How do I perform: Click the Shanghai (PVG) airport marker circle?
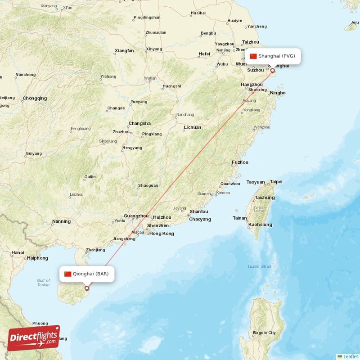click(x=272, y=71)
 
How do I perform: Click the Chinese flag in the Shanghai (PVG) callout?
click(x=253, y=56)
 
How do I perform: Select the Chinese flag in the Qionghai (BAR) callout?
click(x=67, y=274)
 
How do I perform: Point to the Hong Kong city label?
click(x=162, y=234)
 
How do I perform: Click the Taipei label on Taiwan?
click(x=276, y=182)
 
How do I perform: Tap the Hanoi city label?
click(x=18, y=252)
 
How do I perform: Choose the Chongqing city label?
click(x=35, y=98)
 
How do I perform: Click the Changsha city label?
click(x=139, y=123)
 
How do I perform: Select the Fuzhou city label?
click(x=240, y=162)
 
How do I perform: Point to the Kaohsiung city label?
click(x=260, y=224)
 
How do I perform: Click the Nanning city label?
click(x=61, y=221)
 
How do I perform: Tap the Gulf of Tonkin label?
click(x=43, y=283)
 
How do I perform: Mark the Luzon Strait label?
click(x=259, y=266)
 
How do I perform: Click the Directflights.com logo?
click(x=34, y=338)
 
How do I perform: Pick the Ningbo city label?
click(x=277, y=93)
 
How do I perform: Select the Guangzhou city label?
click(x=135, y=216)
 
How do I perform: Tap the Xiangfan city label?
click(x=124, y=51)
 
